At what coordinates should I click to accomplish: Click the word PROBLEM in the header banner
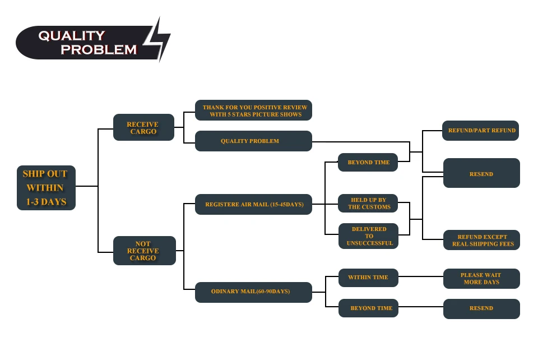click(x=99, y=49)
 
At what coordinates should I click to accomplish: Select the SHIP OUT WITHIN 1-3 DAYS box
click(x=46, y=188)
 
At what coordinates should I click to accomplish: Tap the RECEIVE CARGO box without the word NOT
click(x=143, y=128)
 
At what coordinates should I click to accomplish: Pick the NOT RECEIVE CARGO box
click(x=144, y=251)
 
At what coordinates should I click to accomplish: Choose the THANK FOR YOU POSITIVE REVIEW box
click(x=253, y=110)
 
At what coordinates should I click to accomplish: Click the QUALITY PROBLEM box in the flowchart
click(x=253, y=141)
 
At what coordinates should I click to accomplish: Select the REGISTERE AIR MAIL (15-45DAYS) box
click(x=253, y=204)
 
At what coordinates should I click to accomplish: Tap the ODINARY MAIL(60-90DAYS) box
click(x=253, y=292)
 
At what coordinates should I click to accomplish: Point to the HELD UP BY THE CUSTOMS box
click(x=368, y=203)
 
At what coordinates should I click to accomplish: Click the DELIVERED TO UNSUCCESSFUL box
click(x=368, y=236)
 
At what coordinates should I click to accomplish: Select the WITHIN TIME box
click(x=368, y=277)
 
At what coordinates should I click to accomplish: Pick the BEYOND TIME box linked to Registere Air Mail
click(x=368, y=162)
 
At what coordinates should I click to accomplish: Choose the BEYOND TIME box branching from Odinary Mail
click(x=368, y=308)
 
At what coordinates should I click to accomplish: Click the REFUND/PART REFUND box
click(x=481, y=130)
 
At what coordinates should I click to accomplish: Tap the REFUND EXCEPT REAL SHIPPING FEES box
click(x=481, y=240)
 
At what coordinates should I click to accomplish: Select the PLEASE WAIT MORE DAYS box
click(x=481, y=279)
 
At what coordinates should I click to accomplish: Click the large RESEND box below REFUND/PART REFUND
click(x=481, y=173)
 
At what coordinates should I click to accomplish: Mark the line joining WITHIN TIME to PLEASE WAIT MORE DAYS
click(x=420, y=276)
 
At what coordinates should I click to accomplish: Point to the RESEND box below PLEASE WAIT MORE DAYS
click(x=481, y=308)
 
